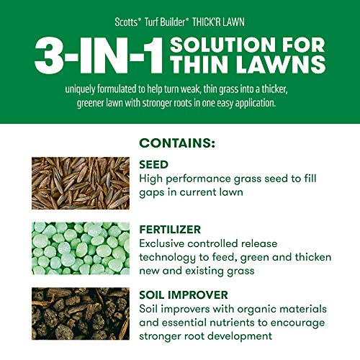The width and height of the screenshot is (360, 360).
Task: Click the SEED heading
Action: (x=154, y=165)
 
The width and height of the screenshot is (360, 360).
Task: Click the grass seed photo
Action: (x=80, y=183)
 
